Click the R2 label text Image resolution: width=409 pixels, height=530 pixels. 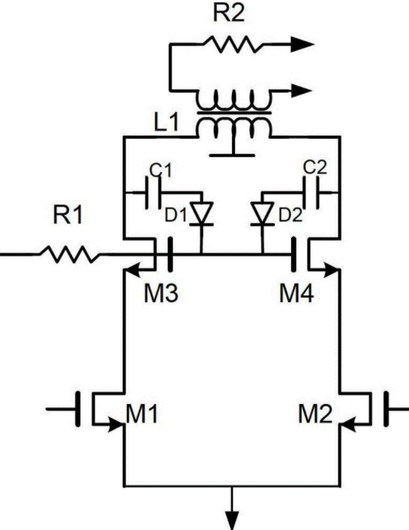coord(229,13)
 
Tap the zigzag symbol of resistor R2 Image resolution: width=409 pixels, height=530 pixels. coord(234,44)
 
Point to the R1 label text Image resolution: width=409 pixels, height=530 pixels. coord(67,215)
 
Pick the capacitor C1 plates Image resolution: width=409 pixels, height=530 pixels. coord(153,193)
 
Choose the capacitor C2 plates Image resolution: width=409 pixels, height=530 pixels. coord(311,193)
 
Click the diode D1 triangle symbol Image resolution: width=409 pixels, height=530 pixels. coord(201,213)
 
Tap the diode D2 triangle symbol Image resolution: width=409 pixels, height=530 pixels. coord(262,213)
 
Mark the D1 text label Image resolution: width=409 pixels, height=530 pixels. coord(175,216)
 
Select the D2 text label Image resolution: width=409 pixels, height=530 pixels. coord(290,216)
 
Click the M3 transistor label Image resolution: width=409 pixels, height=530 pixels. coord(161,293)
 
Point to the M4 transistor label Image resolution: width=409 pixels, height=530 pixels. coord(296,293)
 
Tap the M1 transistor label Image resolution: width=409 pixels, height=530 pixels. coord(142,414)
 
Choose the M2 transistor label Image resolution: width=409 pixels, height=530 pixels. coord(316,414)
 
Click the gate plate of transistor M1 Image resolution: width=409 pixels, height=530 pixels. coord(78,409)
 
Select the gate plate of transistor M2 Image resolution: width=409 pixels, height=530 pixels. coord(386,409)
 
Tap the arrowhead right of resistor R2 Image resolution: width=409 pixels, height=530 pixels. coord(303,44)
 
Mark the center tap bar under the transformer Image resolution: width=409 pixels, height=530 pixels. coord(232,156)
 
